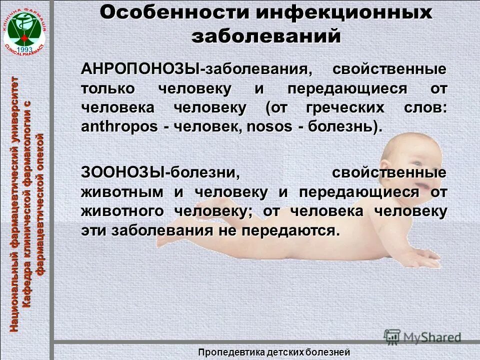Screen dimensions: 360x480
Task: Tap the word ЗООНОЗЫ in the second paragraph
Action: pyautogui.click(x=123, y=173)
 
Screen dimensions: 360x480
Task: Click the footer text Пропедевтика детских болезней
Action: pyautogui.click(x=274, y=352)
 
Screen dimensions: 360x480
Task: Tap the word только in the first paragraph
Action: pyautogui.click(x=107, y=88)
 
